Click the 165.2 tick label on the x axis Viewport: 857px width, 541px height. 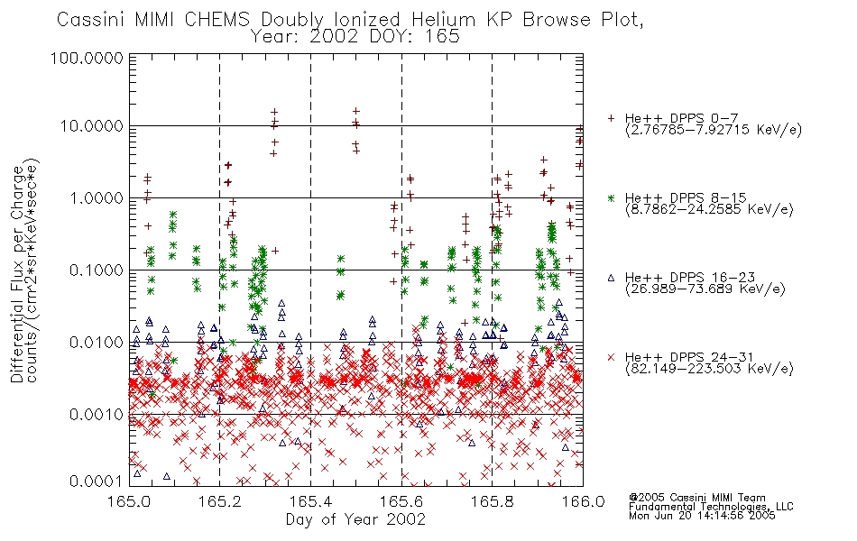click(220, 501)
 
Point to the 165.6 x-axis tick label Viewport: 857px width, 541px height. click(401, 501)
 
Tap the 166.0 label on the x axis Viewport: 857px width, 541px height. click(583, 501)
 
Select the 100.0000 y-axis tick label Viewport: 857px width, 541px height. click(87, 58)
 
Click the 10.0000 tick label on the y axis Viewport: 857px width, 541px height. click(91, 126)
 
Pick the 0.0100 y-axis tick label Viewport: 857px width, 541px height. click(97, 343)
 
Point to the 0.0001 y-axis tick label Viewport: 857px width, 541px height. click(97, 481)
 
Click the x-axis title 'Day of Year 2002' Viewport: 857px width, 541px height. click(355, 519)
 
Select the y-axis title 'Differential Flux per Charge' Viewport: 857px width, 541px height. click(17, 274)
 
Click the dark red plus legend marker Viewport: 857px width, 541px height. click(611, 118)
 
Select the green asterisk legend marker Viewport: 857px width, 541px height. click(611, 197)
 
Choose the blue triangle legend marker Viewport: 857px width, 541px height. click(611, 278)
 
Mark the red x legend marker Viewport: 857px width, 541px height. click(611, 357)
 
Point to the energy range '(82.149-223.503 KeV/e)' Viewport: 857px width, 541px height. click(709, 369)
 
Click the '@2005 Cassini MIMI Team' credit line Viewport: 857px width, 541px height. click(697, 498)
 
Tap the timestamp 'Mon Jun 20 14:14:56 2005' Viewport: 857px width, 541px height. click(702, 516)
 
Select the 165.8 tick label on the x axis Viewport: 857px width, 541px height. click(492, 501)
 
